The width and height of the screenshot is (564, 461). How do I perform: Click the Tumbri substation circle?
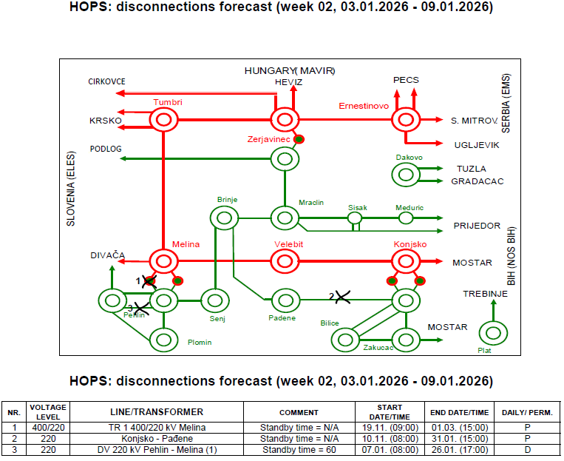click(x=163, y=119)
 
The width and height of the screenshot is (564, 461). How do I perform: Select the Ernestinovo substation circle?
click(x=405, y=119)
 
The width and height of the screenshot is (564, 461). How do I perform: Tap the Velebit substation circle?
click(x=284, y=261)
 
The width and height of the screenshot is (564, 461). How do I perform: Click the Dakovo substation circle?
click(x=405, y=174)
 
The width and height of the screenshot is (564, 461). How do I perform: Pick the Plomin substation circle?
click(x=163, y=340)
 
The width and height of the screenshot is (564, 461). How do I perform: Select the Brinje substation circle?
click(x=223, y=218)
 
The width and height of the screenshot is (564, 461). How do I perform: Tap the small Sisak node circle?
click(x=356, y=218)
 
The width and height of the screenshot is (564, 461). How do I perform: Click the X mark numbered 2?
click(x=342, y=297)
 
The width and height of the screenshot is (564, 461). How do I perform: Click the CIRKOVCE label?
click(x=106, y=81)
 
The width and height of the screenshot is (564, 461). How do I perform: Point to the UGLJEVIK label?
click(x=476, y=145)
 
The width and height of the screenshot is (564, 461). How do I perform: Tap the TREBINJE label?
click(x=486, y=294)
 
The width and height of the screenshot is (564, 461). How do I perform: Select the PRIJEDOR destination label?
click(x=477, y=226)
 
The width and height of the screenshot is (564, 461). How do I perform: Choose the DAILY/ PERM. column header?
click(x=527, y=412)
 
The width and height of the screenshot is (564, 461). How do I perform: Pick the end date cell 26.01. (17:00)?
click(x=459, y=448)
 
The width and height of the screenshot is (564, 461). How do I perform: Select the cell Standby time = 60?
click(x=299, y=448)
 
